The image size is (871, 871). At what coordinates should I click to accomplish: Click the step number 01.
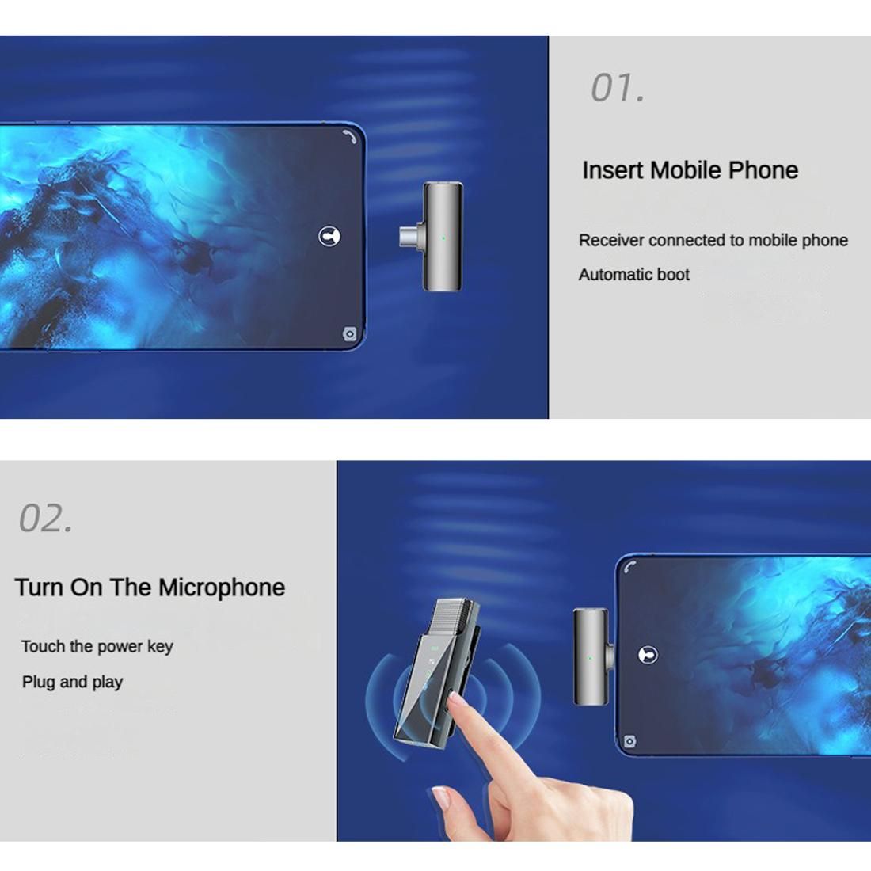coord(617,88)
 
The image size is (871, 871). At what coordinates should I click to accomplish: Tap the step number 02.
coord(46,519)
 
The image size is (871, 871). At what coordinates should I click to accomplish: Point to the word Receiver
coord(610,241)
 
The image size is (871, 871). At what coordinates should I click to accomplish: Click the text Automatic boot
coord(633,275)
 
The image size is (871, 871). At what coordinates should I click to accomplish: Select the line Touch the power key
coord(97,647)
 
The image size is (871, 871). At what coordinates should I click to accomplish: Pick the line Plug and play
coord(72,682)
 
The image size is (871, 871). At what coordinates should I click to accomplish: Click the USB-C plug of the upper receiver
coord(411,237)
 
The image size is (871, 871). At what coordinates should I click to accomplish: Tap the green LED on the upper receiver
coord(443,238)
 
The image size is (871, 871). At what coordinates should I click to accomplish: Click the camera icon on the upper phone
coord(349,334)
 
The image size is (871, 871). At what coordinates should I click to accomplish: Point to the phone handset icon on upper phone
coord(350,137)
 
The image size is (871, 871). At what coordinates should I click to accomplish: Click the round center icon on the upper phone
coord(329,237)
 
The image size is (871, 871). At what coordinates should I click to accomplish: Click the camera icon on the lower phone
coord(629,742)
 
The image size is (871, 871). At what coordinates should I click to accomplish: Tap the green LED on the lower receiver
coord(590,658)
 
